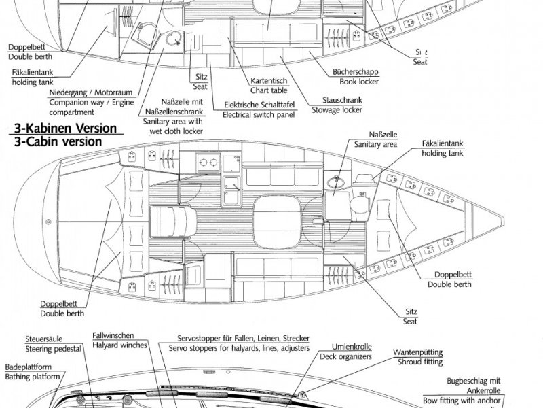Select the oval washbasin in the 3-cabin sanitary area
[x=333, y=181]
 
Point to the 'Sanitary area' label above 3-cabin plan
[x=375, y=144]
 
